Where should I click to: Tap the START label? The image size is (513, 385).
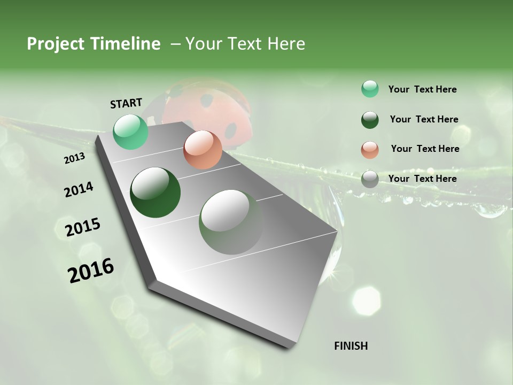(126, 103)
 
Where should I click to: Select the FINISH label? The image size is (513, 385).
(351, 346)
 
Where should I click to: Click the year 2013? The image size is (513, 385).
(74, 158)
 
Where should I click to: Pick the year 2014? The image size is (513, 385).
(79, 190)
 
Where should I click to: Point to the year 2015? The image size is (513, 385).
(83, 227)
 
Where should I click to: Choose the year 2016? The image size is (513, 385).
(91, 271)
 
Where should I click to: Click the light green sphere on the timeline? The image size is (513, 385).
(131, 132)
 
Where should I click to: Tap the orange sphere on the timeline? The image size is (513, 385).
(203, 150)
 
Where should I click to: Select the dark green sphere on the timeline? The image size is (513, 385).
(156, 192)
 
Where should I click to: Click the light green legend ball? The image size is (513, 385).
(370, 89)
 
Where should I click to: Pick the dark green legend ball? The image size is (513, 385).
(370, 119)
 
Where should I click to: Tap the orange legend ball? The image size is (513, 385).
(370, 149)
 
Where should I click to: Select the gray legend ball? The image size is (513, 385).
(370, 179)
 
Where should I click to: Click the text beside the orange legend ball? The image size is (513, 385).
(425, 149)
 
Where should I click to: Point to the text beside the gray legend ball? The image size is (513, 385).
(422, 179)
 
